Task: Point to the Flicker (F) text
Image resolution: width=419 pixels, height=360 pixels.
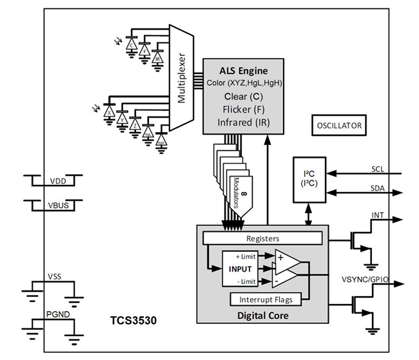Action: [x=243, y=109]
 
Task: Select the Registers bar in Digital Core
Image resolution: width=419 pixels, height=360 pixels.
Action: [x=262, y=238]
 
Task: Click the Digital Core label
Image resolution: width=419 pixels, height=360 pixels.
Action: [x=262, y=316]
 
